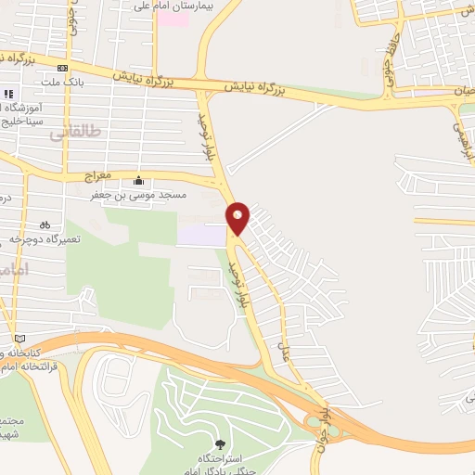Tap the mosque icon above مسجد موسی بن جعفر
point(139,180)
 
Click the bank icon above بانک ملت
point(62,68)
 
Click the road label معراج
point(97,173)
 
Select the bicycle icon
point(45,225)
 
